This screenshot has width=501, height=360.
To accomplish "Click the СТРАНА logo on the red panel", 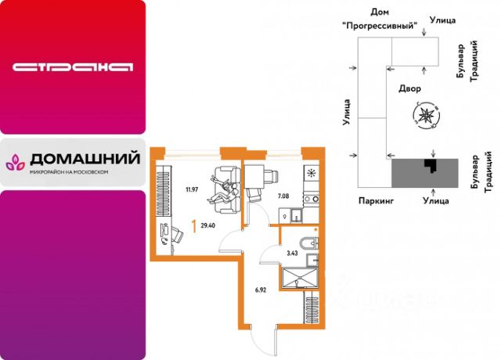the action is [x=71, y=67].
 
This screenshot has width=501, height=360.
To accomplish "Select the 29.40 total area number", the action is [x=208, y=225].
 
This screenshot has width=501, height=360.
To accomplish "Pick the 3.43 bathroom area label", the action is [x=293, y=252].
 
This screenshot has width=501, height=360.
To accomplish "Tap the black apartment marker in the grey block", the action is [x=428, y=164].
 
